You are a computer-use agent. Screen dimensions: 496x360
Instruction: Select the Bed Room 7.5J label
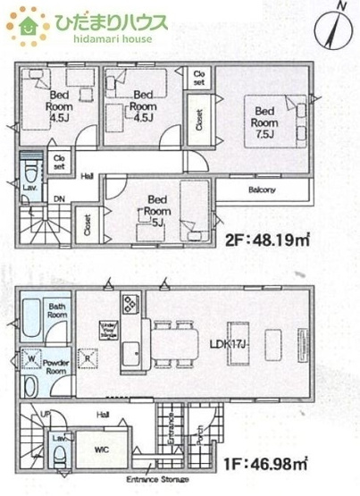(x=264, y=122)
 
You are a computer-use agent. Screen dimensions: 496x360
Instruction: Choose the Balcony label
(x=261, y=189)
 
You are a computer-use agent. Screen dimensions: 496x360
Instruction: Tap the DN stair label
(x=58, y=199)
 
